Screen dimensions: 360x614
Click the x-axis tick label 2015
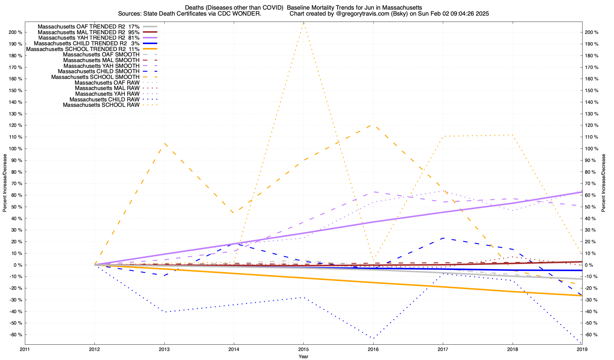[303, 349]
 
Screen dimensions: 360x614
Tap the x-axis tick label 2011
[25, 349]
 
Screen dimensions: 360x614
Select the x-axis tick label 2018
[512, 349]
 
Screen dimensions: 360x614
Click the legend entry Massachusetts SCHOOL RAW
[101, 105]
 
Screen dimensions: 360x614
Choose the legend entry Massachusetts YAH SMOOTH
[102, 66]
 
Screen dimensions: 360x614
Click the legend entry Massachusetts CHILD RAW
[105, 100]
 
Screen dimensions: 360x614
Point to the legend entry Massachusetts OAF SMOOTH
[101, 55]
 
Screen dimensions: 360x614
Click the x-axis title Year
[303, 356]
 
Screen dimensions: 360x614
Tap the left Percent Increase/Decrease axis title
[5, 183]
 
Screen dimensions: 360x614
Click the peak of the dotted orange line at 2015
[303, 23]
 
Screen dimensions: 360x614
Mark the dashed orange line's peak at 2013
[164, 143]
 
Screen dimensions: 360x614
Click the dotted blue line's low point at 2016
[373, 338]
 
